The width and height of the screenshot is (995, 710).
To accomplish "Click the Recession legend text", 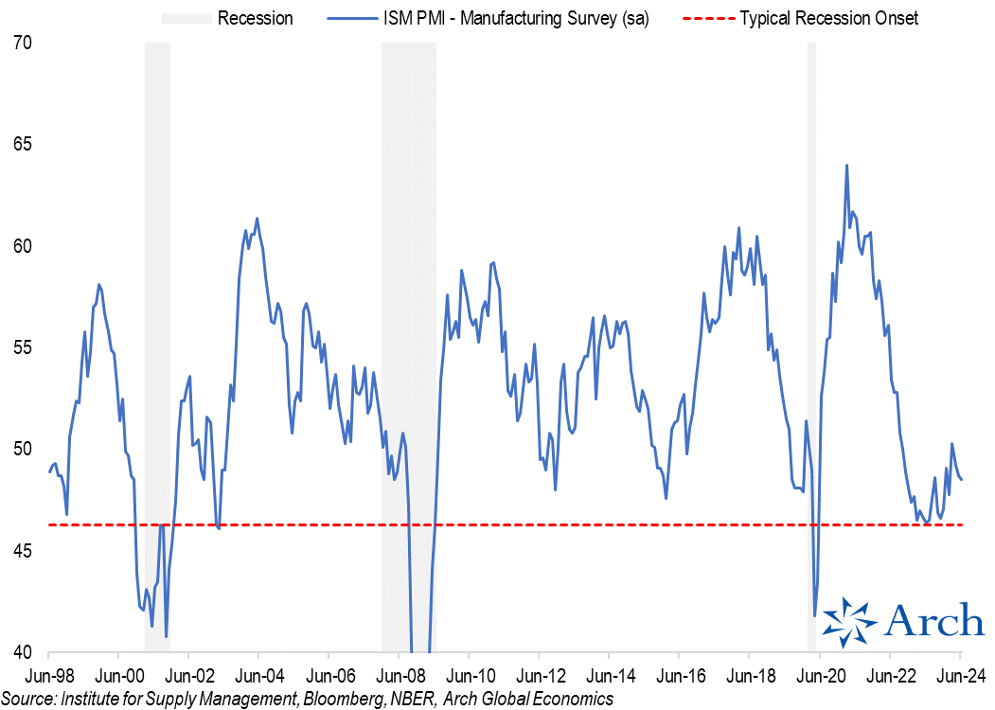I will [x=255, y=18].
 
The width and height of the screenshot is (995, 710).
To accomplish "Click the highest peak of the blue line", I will [x=846, y=166].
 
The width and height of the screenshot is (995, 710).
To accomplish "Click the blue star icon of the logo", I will [x=849, y=623].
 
